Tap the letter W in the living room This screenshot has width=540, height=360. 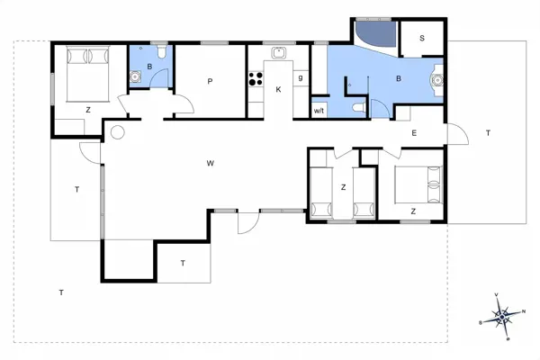210,163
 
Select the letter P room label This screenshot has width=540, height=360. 210,82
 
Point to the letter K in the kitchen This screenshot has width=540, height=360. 279,89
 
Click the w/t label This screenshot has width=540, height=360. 319,110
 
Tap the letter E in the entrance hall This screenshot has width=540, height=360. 414,133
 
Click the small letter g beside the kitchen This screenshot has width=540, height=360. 301,79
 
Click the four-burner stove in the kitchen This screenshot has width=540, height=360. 255,79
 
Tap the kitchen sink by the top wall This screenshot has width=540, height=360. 279,51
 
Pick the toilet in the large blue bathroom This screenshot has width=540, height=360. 360,108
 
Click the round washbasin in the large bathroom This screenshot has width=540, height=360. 438,79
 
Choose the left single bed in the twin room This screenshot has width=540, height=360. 321,190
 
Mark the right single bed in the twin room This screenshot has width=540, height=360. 364,190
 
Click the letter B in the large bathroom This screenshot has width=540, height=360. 398,79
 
